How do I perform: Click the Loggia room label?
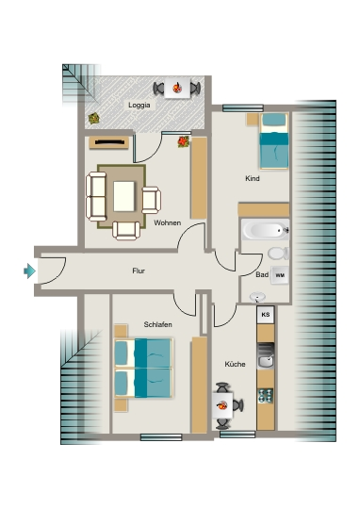point(139,106)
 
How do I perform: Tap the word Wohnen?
point(167,223)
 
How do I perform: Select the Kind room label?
point(253,178)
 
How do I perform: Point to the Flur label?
point(139,271)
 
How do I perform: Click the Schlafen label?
point(157,324)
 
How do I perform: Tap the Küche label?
point(235,364)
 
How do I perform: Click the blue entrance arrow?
point(29,271)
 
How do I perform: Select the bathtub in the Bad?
point(266,230)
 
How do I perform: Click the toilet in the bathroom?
point(278,254)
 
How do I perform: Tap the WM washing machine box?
point(280,275)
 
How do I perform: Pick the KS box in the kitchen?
point(266,314)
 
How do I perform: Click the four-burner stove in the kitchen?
point(266,396)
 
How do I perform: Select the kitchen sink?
point(266,355)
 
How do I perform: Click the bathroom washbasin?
point(257,297)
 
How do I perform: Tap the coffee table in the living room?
point(123,197)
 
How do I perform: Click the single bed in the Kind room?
point(273,141)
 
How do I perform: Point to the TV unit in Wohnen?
point(109,142)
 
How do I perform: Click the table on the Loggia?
point(177,88)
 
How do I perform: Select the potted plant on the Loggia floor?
point(94,118)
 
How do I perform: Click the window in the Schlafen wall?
point(161,437)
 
